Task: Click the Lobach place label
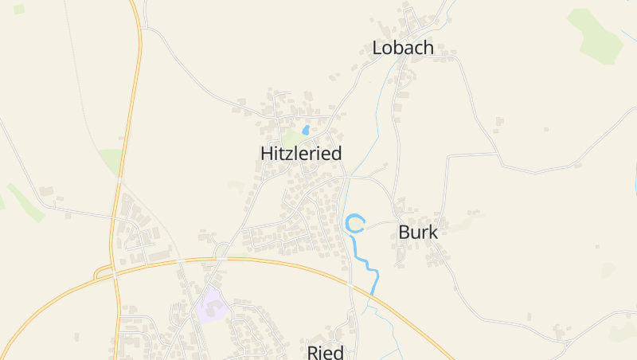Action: tap(403, 48)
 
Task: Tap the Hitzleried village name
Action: tap(301, 154)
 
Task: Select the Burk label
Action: tap(418, 233)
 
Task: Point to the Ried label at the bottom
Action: tap(325, 352)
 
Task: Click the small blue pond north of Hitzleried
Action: tap(306, 130)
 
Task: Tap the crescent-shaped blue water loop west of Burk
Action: tap(354, 224)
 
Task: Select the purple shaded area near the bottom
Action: tap(211, 306)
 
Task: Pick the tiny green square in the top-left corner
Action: tap(19, 10)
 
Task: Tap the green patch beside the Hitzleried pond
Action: tap(291, 137)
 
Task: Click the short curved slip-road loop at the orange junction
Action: tap(100, 272)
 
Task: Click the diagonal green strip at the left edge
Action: tap(25, 202)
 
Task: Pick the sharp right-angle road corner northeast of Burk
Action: tap(449, 156)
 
